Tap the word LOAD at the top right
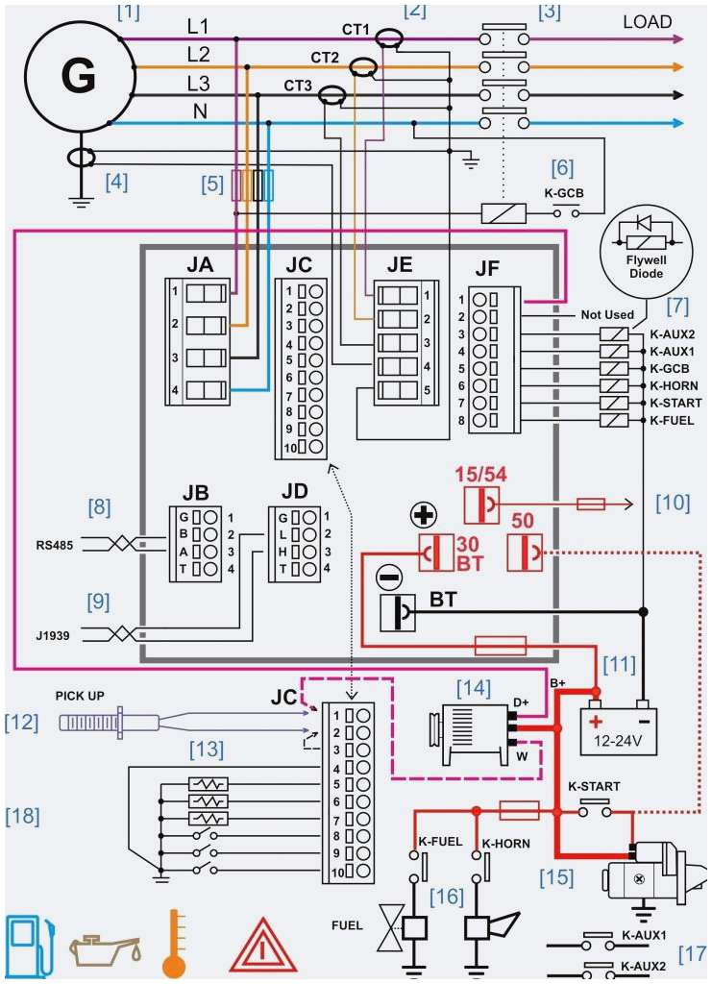[647, 21]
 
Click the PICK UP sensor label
[81, 694]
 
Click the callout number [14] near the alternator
[473, 687]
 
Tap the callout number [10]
[673, 503]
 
